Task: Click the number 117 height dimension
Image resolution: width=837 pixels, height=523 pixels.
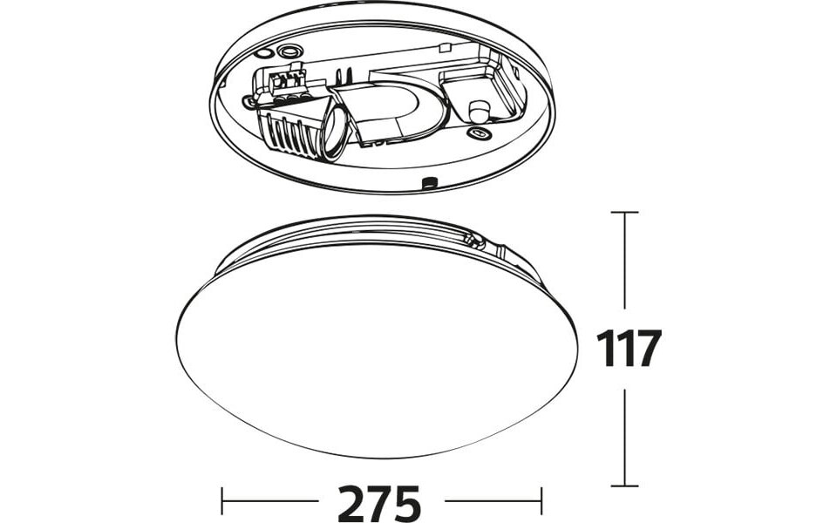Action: tap(629, 349)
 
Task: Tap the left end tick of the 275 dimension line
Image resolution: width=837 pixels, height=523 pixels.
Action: tap(222, 501)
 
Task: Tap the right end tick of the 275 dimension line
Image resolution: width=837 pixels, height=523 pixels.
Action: tap(541, 501)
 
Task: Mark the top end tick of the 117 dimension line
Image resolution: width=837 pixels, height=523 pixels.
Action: tap(624, 212)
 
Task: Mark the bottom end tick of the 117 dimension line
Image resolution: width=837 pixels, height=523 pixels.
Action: tap(624, 486)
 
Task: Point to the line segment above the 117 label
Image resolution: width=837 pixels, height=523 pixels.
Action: tap(624, 261)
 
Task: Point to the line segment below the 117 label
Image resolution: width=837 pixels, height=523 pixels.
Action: tap(624, 436)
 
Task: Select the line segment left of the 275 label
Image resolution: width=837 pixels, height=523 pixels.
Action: tap(270, 501)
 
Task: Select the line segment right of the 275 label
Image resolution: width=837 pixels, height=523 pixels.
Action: tap(493, 501)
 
